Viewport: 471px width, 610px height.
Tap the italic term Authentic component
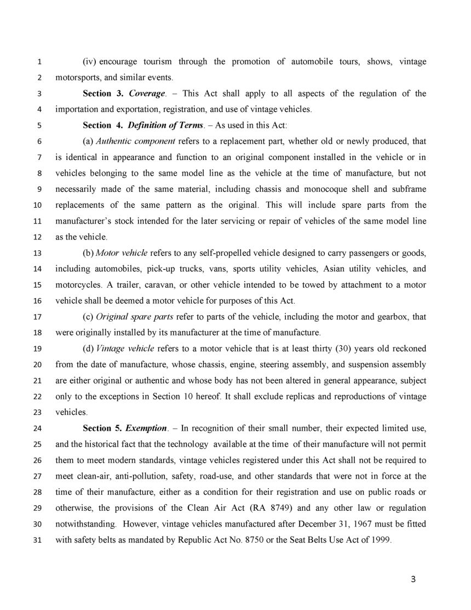click(128, 141)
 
